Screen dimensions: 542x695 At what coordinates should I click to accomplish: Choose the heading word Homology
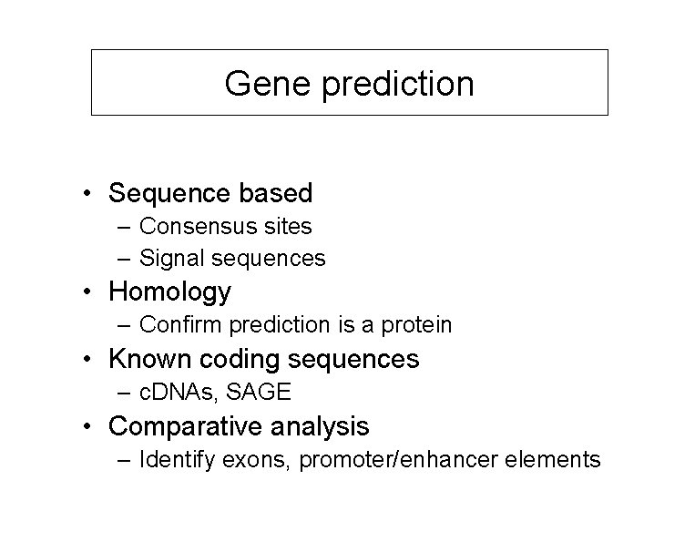pos(169,292)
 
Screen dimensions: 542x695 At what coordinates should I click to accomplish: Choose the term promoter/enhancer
pos(401,459)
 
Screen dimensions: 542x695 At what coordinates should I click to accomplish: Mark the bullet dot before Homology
pos(84,293)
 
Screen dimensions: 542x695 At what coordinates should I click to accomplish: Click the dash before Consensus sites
pos(123,225)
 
